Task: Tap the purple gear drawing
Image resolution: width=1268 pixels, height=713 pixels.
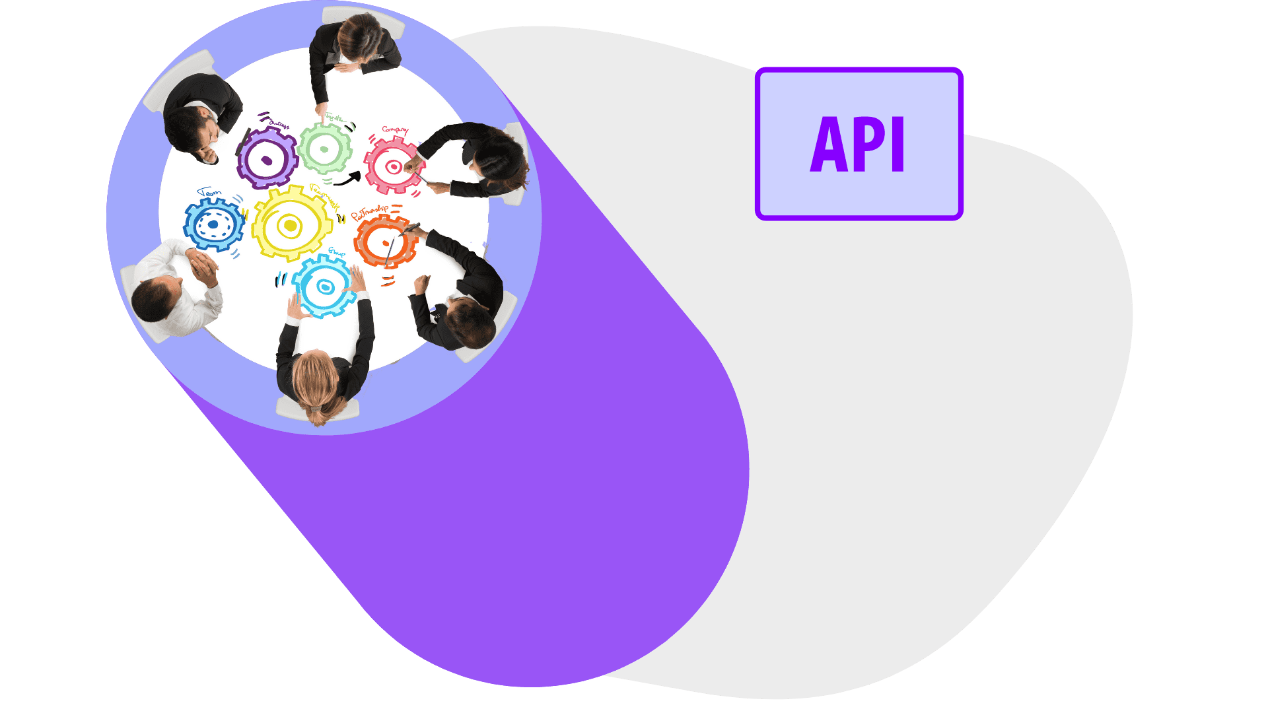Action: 267,158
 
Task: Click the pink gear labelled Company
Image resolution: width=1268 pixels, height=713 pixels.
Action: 393,166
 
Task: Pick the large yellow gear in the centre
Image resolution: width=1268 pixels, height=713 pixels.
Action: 290,224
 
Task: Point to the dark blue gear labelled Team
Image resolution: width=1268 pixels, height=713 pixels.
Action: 213,224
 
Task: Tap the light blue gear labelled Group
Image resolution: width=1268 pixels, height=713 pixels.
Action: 324,287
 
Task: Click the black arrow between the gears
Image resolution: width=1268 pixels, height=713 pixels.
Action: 347,178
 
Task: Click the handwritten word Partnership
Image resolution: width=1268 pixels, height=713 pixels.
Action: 370,213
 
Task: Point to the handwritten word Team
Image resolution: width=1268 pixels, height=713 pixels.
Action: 210,193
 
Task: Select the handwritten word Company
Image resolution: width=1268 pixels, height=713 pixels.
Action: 395,130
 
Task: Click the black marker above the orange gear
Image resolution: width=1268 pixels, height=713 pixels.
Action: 409,229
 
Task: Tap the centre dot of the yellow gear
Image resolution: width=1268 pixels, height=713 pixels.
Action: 289,226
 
